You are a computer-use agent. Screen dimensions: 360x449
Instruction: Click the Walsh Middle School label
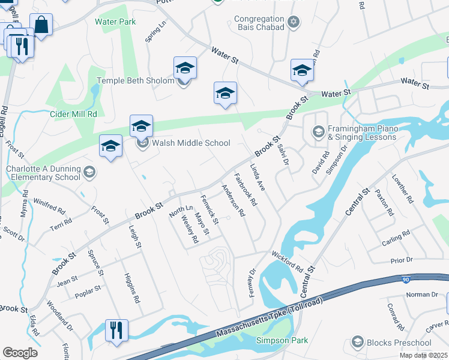tap(191, 143)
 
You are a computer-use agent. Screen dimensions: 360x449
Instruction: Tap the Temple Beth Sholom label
tap(136, 80)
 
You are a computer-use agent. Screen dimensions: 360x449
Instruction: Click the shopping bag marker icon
tap(41, 25)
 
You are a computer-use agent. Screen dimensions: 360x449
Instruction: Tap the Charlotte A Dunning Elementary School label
tap(43, 173)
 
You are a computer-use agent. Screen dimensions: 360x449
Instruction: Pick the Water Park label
tap(115, 22)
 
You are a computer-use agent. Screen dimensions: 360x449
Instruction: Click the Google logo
tap(20, 353)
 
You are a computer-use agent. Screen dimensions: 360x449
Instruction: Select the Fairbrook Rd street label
tap(246, 190)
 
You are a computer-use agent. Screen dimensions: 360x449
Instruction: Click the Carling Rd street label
tap(396, 239)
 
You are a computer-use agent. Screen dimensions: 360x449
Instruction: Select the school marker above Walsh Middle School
tap(141, 125)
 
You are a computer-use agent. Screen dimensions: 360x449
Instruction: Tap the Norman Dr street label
tap(423, 295)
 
